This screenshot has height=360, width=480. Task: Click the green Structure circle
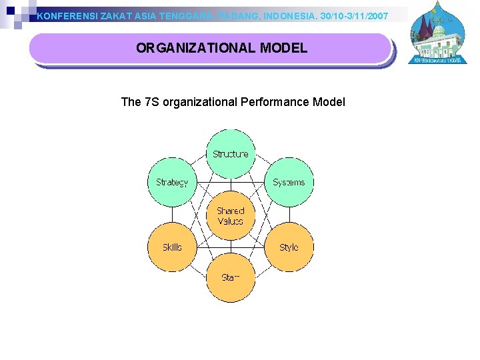pyautogui.click(x=230, y=154)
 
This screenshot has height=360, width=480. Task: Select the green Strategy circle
pyautogui.click(x=172, y=182)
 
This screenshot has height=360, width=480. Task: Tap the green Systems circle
pyautogui.click(x=289, y=182)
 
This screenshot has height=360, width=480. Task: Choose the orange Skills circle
pyautogui.click(x=172, y=247)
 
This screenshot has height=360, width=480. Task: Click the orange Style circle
pyautogui.click(x=289, y=247)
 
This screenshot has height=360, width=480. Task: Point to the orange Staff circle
pyautogui.click(x=230, y=277)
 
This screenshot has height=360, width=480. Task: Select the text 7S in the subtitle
pyautogui.click(x=151, y=102)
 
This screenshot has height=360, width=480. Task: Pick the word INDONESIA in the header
pyautogui.click(x=291, y=15)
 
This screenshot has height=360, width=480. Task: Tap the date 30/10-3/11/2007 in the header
pyautogui.click(x=354, y=15)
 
